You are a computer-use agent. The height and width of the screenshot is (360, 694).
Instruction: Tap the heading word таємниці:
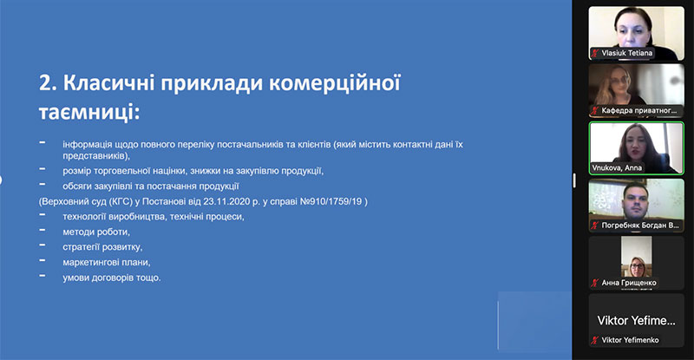pos(89,112)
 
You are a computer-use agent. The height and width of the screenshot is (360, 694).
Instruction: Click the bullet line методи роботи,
pos(96,232)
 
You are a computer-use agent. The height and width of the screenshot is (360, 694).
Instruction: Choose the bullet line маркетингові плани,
pos(106,262)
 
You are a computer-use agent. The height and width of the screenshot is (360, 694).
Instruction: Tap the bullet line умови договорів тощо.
pos(112,278)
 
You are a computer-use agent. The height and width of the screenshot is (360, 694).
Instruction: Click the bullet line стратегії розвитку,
pos(102,247)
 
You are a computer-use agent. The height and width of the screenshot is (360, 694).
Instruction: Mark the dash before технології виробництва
pos(43,215)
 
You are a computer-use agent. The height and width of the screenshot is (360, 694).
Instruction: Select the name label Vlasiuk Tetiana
pos(626,53)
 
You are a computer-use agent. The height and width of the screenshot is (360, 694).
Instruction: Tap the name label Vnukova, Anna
pos(617,167)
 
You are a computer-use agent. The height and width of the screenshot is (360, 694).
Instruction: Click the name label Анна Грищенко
pos(628,283)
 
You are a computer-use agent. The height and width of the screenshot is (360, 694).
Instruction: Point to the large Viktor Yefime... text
pos(637,321)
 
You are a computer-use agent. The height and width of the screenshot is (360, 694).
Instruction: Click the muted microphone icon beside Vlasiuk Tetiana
pos(595,53)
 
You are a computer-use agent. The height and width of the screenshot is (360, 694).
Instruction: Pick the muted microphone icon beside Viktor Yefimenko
pos(595,340)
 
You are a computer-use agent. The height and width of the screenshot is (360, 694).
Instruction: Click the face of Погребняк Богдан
pos(636,200)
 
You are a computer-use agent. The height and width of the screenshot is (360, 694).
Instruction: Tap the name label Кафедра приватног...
pos(639,110)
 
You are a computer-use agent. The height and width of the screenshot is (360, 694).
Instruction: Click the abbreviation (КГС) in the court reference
pos(121,201)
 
